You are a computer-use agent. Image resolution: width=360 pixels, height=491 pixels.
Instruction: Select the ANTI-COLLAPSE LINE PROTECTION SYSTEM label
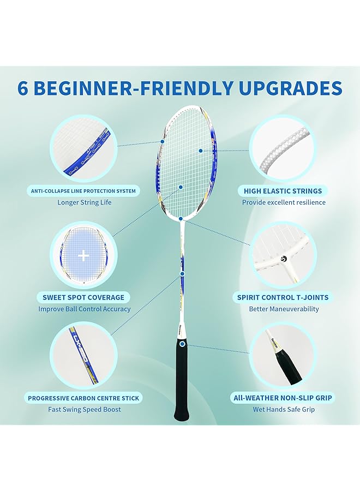83,191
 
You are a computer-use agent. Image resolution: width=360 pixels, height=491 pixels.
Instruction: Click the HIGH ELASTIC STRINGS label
284,191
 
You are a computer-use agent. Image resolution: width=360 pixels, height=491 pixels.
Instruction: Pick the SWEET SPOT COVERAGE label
83,297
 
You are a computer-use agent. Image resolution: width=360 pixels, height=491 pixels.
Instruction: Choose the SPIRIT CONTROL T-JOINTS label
284,297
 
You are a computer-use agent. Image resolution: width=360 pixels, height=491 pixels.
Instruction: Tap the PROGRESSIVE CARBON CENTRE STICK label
83,398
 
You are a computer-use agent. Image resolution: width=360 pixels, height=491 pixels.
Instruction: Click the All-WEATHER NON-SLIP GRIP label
284,398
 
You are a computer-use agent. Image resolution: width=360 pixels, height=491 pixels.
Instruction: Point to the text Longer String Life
84,202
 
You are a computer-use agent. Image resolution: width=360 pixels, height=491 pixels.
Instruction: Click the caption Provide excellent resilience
284,202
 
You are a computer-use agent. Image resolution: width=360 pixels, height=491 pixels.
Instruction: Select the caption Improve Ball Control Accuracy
84,309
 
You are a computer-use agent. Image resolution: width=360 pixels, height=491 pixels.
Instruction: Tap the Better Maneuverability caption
284,309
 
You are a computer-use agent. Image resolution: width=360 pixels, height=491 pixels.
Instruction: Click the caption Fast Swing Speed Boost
84,409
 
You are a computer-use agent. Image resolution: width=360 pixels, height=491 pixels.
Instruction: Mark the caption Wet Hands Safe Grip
284,409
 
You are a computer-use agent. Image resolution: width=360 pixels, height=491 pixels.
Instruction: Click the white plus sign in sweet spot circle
83,255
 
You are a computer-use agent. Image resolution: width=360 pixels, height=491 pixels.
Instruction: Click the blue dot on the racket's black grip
182,344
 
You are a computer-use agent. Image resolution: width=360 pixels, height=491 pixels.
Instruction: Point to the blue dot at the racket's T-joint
181,218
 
